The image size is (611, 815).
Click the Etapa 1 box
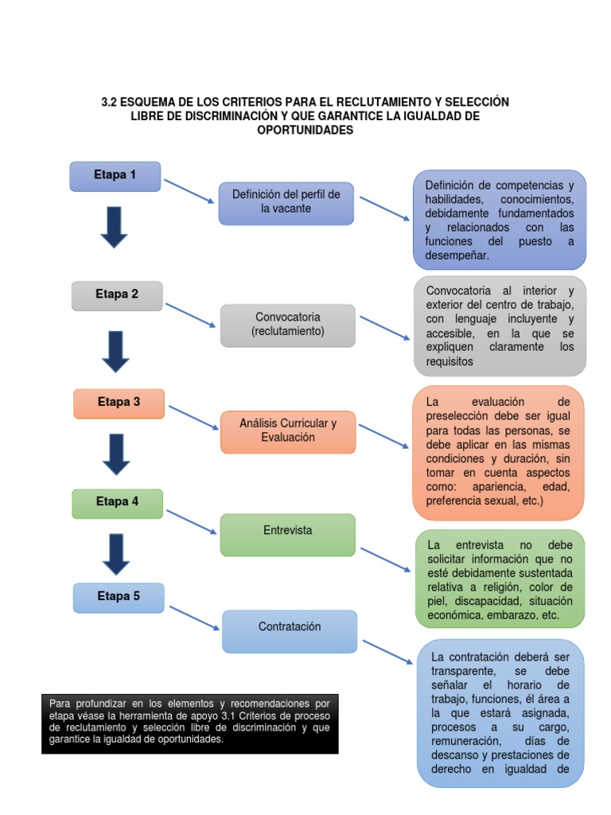[x=115, y=176]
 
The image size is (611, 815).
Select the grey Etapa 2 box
[x=117, y=294]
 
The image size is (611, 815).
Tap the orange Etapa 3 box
[x=119, y=403]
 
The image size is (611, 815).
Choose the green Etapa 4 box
[x=117, y=502]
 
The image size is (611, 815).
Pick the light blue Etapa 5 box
[x=119, y=597]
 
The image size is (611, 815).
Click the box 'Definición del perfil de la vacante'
[x=286, y=202]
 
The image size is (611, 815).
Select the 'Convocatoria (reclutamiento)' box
[x=287, y=324]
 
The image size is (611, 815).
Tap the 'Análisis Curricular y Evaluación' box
[x=287, y=431]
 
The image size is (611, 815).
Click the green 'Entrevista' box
[x=287, y=534]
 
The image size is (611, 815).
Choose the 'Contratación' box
[x=290, y=630]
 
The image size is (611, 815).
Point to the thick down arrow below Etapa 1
[x=115, y=227]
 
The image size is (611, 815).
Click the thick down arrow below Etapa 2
[x=116, y=350]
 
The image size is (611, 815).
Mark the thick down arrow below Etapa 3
[x=116, y=454]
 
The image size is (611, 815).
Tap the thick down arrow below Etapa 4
[x=117, y=554]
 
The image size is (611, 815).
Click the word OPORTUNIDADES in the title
[x=305, y=131]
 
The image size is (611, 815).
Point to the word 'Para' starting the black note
[x=60, y=704]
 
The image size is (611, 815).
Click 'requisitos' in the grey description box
[x=449, y=361]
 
